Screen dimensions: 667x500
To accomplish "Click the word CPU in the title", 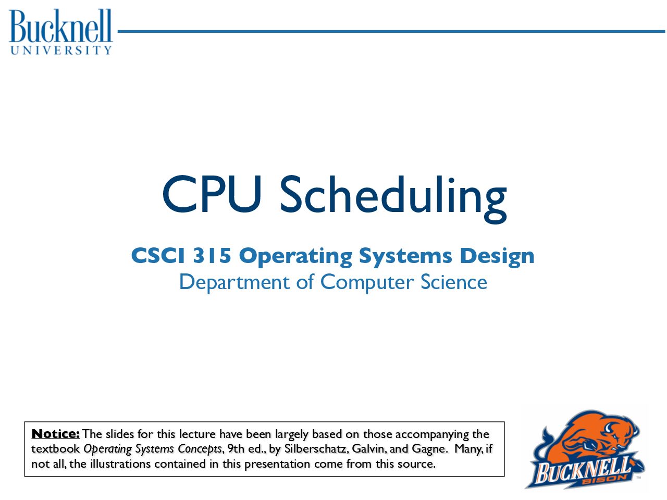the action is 212,194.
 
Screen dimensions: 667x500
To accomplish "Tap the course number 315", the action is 212,255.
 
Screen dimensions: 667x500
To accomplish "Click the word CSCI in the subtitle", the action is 158,255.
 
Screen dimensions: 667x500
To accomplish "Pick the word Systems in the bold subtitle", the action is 405,257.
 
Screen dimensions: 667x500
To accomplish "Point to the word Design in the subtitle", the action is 497,257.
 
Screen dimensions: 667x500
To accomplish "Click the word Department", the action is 234,283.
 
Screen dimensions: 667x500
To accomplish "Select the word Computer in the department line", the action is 367,283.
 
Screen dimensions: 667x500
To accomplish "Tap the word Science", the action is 454,282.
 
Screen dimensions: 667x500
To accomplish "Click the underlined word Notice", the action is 56,434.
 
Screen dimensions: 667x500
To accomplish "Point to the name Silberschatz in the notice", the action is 316,448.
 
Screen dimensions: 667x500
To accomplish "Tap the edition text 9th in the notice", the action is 236,448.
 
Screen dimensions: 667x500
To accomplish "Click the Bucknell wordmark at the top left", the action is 61,26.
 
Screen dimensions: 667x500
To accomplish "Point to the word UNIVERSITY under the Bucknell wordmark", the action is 61,51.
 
